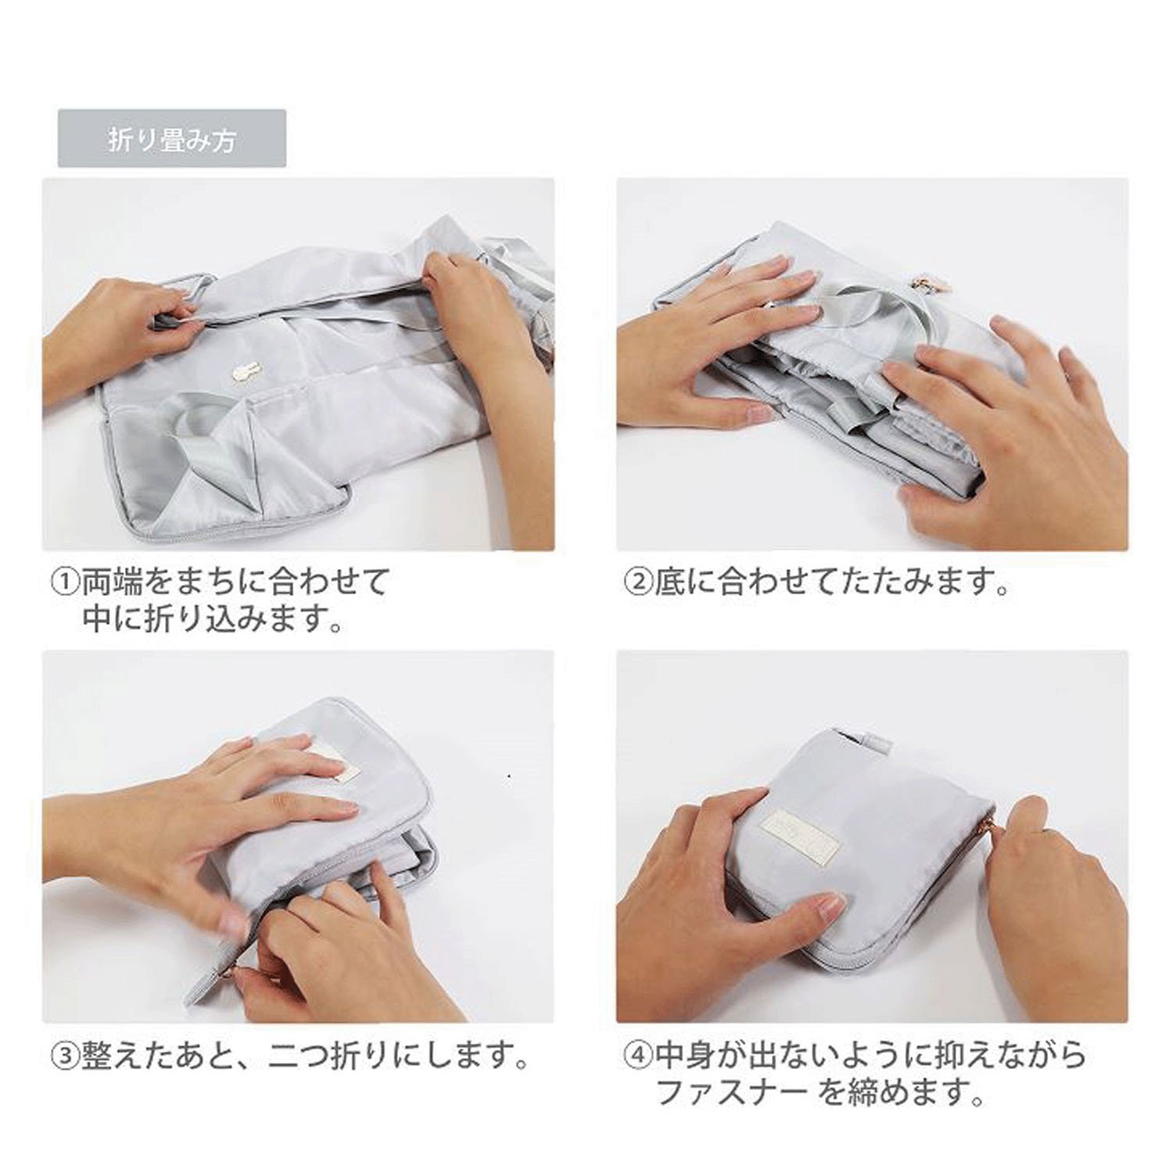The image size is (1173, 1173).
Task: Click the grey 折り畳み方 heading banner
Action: tap(172, 138)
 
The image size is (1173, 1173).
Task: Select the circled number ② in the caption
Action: tap(637, 583)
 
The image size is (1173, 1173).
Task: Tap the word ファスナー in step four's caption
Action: tap(732, 1092)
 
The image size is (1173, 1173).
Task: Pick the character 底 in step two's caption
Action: tap(669, 583)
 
